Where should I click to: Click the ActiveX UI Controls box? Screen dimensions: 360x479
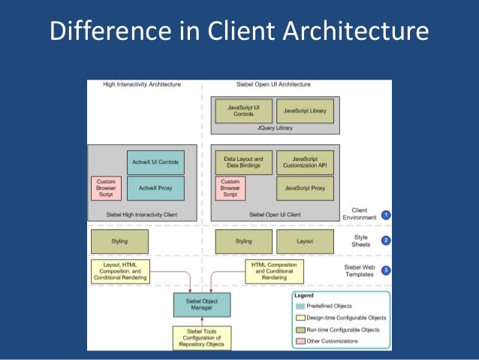coord(155,162)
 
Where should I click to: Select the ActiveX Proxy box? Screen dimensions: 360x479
coord(155,187)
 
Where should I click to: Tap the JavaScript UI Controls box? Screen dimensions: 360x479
coord(243,110)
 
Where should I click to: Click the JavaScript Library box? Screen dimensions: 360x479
coord(305,110)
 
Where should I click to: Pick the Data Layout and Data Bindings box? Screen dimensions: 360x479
coord(243,162)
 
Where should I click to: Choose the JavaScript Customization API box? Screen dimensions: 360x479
coord(305,162)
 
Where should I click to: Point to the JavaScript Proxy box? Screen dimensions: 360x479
coord(305,187)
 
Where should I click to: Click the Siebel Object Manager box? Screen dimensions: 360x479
coord(201,304)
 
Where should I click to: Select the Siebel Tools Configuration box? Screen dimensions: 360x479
coord(201,337)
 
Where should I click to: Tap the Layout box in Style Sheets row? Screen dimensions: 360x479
coord(305,241)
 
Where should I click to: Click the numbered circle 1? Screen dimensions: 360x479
coord(386,214)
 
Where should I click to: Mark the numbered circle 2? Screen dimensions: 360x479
coord(386,241)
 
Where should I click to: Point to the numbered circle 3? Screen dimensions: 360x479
coord(386,270)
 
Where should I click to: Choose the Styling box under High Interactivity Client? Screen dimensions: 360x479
coord(119,241)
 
